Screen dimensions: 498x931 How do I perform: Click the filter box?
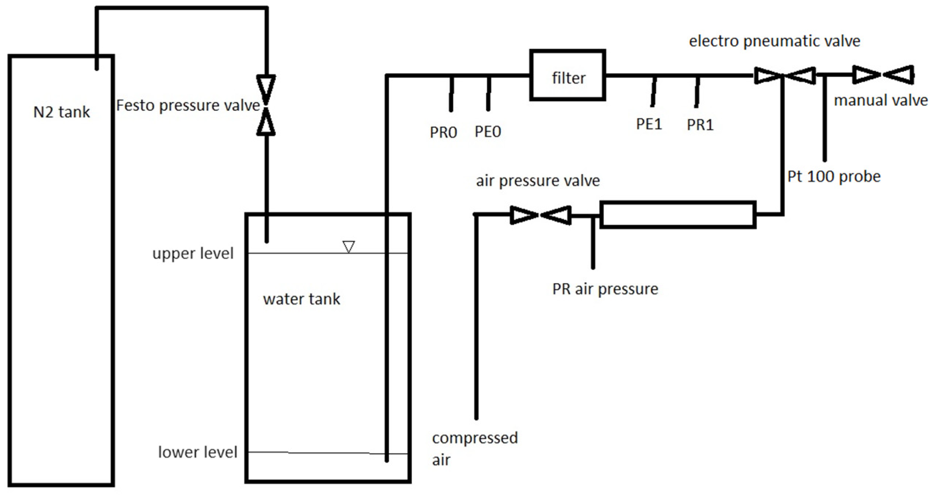pos(567,75)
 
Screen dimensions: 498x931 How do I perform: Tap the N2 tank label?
pos(61,112)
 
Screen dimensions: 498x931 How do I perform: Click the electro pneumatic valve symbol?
pos(784,75)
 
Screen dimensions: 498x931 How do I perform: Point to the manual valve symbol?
pos(883,75)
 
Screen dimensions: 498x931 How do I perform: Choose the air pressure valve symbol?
pos(540,215)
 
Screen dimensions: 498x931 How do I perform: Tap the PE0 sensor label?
pos(488,132)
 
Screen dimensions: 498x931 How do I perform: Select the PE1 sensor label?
pos(649,124)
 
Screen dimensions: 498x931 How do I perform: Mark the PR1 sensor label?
pos(700,125)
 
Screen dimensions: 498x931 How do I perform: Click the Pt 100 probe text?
pos(834,177)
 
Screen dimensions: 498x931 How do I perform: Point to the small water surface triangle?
pos(348,246)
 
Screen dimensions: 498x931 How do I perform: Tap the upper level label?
pos(193,254)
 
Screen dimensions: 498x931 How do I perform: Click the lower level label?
pos(197,452)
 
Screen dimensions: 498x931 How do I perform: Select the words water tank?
pos(302,299)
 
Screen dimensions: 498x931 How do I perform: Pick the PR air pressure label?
pos(605,289)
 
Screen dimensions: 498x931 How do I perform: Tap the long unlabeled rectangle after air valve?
pos(678,215)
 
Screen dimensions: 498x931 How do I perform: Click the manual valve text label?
pos(880,100)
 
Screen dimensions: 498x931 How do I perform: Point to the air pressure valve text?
pos(538,181)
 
